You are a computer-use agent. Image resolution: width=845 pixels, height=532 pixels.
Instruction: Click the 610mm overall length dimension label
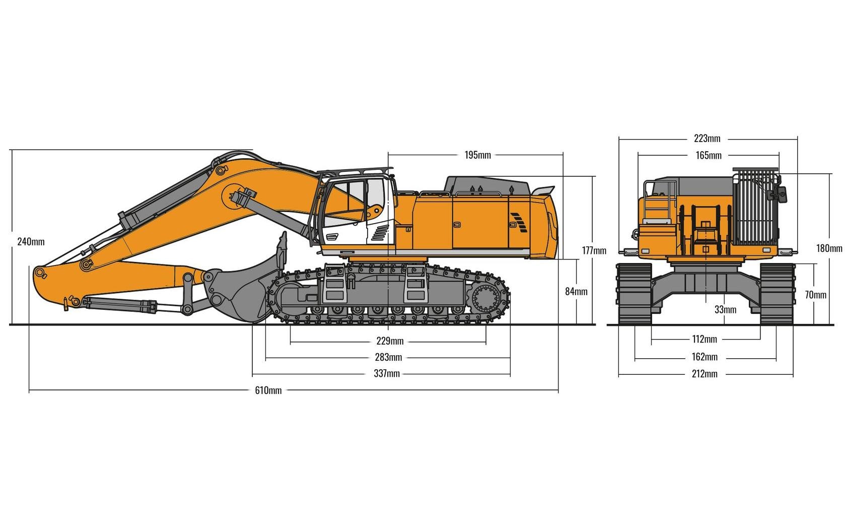[268, 390]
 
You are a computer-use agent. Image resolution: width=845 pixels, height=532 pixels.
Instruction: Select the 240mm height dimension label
[31, 242]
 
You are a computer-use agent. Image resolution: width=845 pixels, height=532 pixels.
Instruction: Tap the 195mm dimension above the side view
[477, 155]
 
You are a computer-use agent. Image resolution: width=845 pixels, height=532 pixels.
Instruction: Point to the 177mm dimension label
[594, 250]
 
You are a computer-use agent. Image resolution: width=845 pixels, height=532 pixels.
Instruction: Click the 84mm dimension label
[576, 292]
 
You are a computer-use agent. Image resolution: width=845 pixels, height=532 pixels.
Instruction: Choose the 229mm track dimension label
[390, 342]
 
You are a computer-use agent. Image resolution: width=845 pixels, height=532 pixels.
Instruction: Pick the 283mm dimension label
[388, 358]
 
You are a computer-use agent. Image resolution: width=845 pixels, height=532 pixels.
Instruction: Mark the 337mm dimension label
[387, 374]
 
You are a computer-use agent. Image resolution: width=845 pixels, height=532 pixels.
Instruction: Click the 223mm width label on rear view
[707, 139]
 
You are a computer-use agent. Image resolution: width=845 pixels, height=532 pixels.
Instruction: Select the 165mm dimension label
[709, 156]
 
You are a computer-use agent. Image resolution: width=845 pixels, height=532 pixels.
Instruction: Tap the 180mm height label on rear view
[829, 248]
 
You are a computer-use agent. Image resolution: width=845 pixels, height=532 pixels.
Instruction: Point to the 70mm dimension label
[815, 295]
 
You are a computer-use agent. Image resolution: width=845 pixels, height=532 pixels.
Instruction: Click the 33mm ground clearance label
[725, 310]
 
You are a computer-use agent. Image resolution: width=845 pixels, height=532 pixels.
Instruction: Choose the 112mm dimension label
[704, 340]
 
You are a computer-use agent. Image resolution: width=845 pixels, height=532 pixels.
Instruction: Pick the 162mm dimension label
[705, 357]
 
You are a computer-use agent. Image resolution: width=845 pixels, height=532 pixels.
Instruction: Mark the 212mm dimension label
[705, 374]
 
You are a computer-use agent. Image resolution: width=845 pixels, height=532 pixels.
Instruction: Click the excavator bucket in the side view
[242, 292]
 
